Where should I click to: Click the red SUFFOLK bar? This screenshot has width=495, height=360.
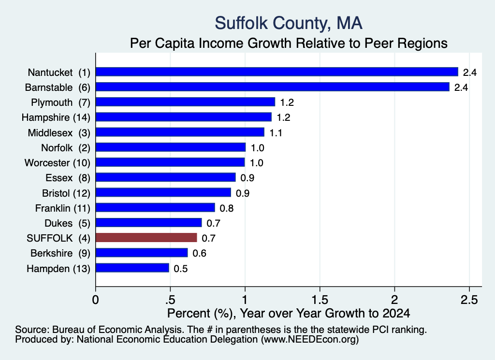tap(146, 238)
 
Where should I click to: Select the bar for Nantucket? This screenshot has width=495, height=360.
tap(277, 72)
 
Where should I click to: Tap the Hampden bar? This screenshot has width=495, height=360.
tap(132, 268)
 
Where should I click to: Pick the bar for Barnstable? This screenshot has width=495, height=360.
tap(273, 87)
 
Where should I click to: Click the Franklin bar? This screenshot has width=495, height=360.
tap(155, 208)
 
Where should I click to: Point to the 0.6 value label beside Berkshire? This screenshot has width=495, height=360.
tap(199, 253)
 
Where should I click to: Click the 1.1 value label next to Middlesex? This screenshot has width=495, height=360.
tap(276, 133)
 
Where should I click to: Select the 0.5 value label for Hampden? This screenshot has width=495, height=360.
tap(181, 269)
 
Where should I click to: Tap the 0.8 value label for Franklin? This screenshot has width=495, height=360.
tap(226, 208)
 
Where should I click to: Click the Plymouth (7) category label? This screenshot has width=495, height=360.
tap(60, 102)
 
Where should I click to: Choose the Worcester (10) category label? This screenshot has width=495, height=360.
tap(58, 163)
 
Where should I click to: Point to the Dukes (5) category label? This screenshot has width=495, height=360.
tap(68, 223)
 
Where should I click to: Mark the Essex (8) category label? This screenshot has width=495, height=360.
tap(68, 178)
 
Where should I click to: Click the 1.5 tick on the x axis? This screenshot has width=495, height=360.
tap(320, 300)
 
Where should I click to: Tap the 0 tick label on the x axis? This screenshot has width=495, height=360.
tap(95, 300)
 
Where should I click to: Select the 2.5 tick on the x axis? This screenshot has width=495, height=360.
tap(469, 300)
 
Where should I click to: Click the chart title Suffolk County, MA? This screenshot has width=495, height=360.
tap(289, 23)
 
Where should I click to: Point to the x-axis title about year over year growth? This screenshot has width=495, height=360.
tap(289, 313)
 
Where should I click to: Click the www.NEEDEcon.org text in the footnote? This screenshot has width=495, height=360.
tap(310, 340)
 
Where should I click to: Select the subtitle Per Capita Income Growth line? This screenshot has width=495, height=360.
tap(289, 43)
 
